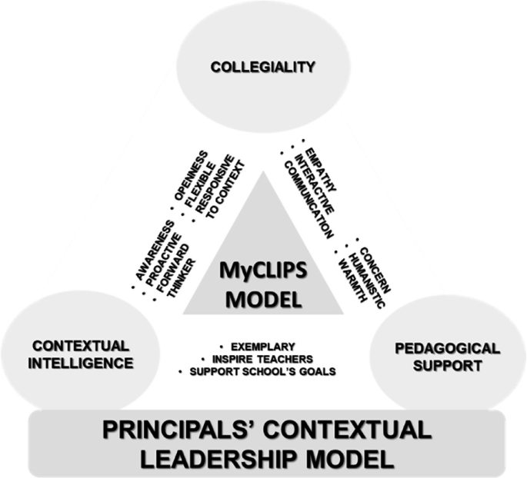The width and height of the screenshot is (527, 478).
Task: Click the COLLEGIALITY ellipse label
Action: coord(262,68)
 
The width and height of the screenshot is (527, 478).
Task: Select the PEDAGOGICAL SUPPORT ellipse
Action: coord(435,355)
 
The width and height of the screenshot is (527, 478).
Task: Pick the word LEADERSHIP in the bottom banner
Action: coord(222,459)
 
